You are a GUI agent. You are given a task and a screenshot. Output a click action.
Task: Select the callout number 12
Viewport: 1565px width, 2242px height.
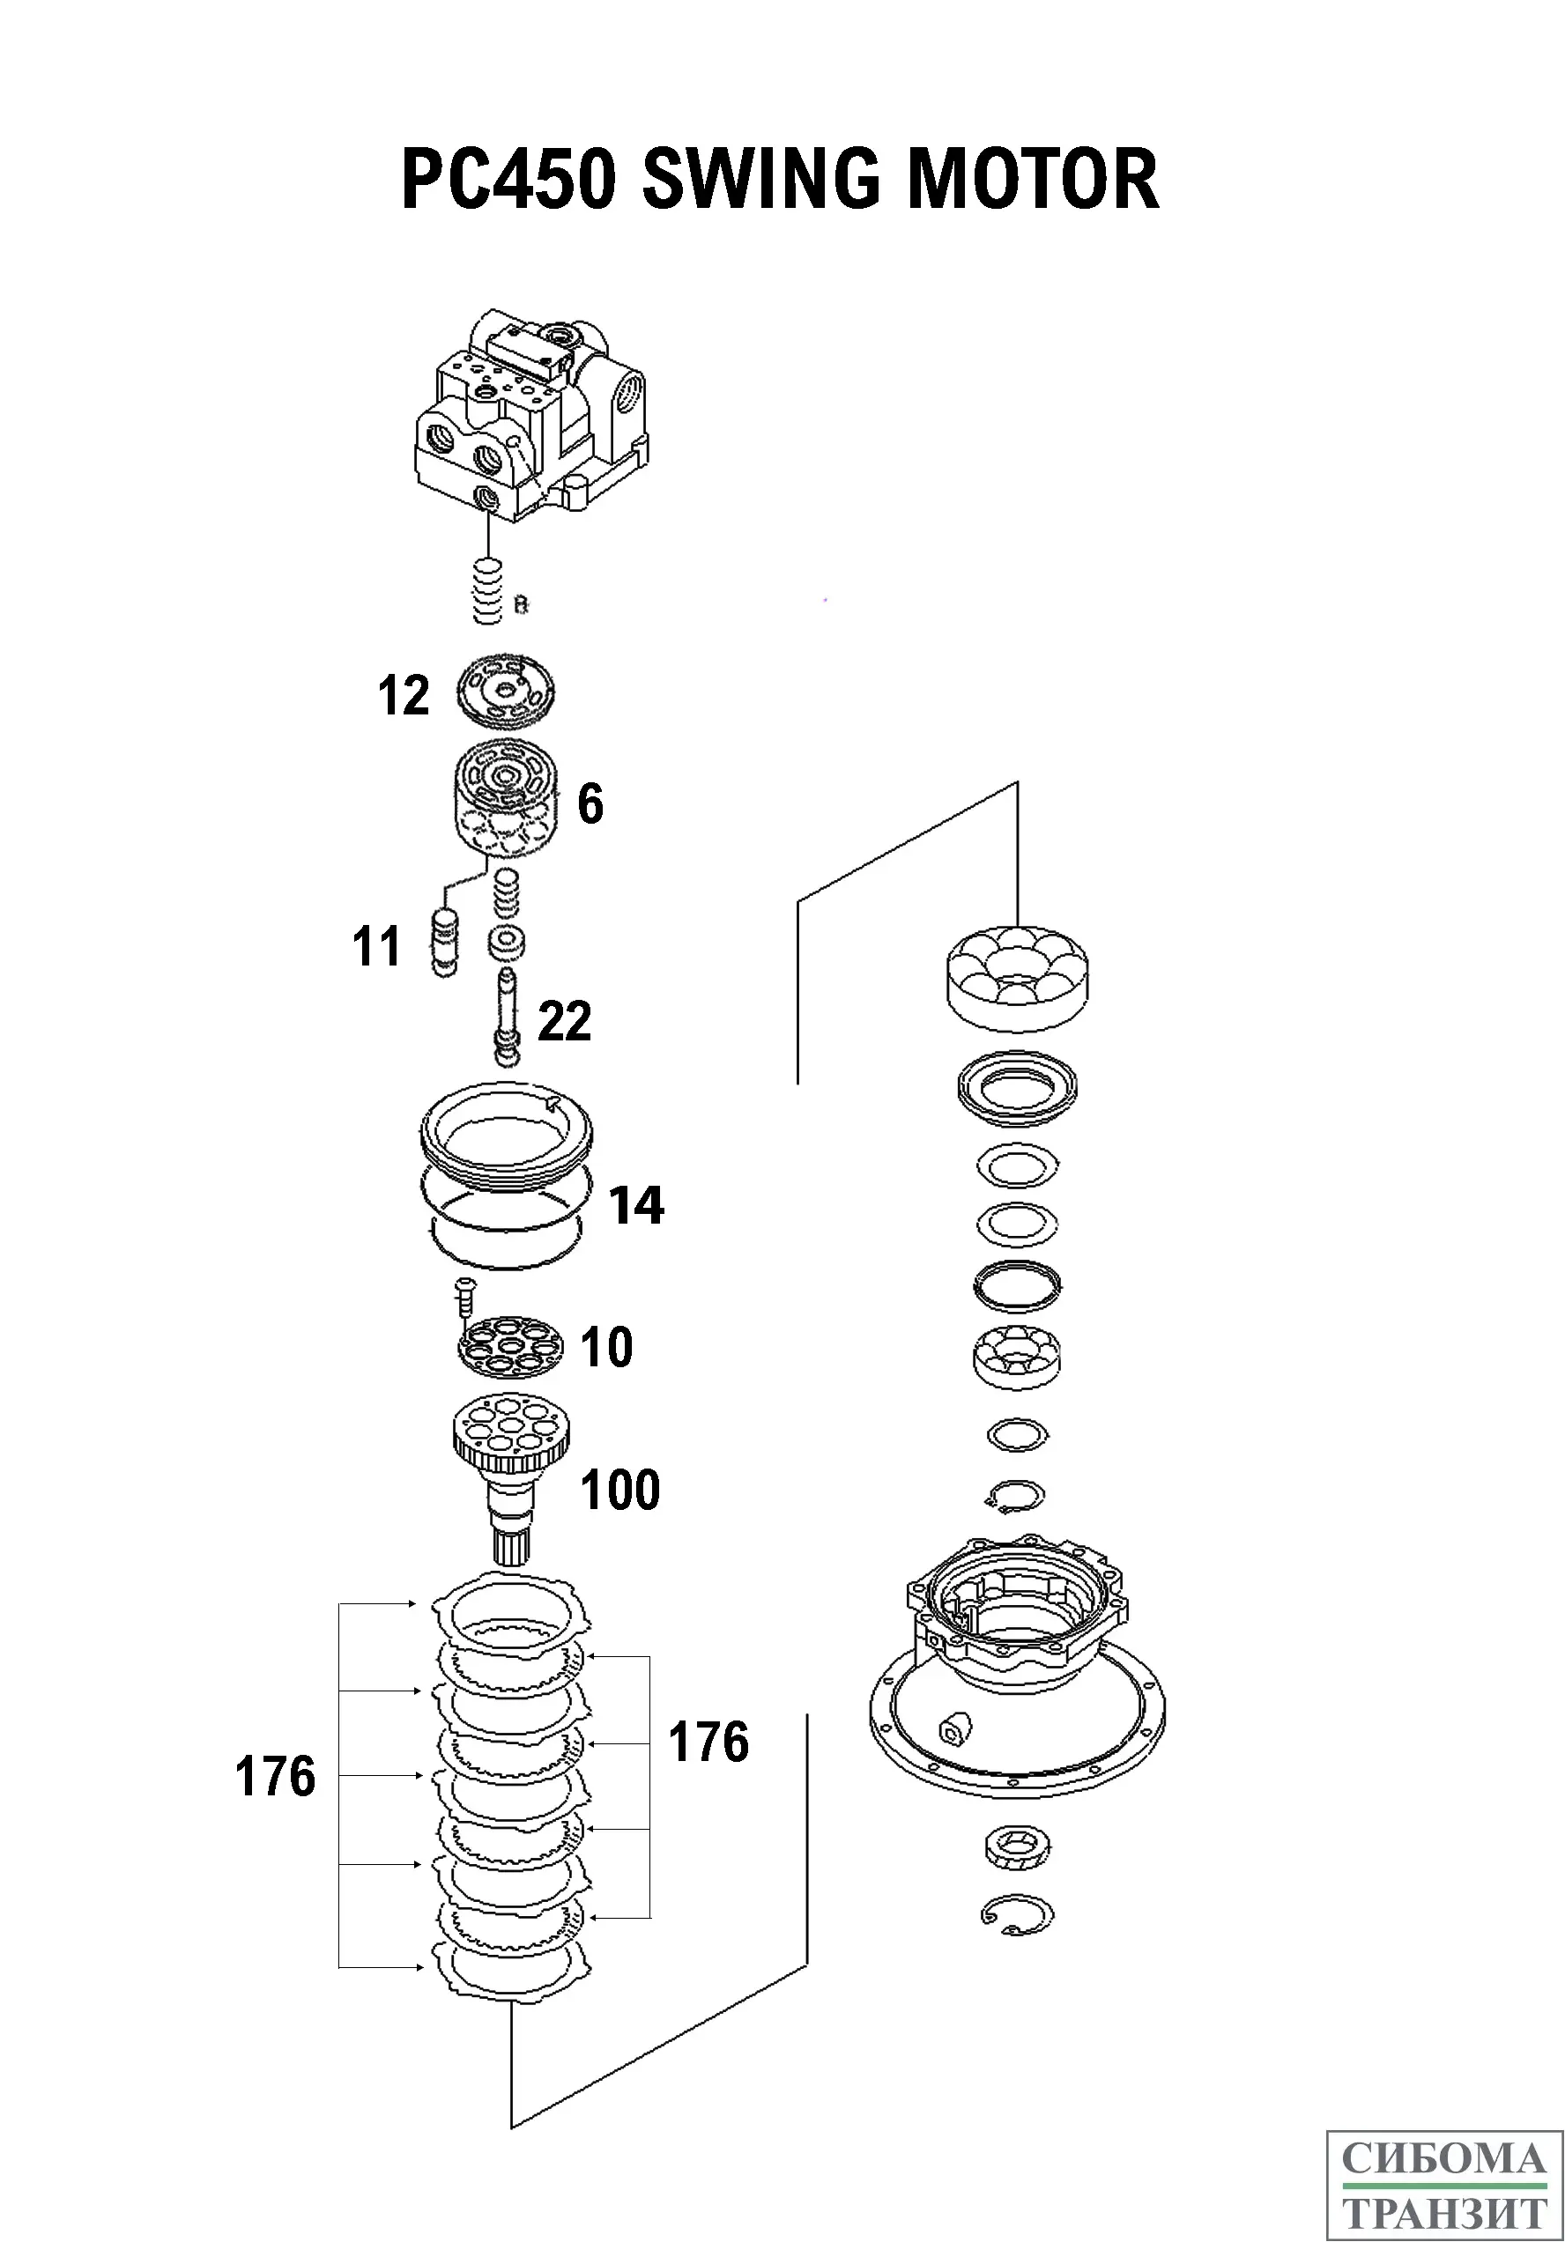tap(404, 696)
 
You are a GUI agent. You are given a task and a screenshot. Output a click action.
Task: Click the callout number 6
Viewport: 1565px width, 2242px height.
tap(590, 803)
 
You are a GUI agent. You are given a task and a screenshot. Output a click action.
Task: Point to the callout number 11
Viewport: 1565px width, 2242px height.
tap(376, 946)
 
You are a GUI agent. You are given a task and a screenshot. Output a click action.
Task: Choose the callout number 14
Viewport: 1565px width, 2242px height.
tap(636, 1205)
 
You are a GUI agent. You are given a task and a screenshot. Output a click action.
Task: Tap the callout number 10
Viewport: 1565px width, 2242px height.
tap(606, 1348)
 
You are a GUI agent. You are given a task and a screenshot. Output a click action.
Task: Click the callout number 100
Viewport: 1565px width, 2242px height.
tap(620, 1490)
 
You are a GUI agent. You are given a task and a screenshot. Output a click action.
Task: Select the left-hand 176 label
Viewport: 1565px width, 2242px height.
tap(276, 1776)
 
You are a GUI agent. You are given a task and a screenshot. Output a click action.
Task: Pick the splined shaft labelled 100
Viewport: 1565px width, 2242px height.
tap(512, 1475)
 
